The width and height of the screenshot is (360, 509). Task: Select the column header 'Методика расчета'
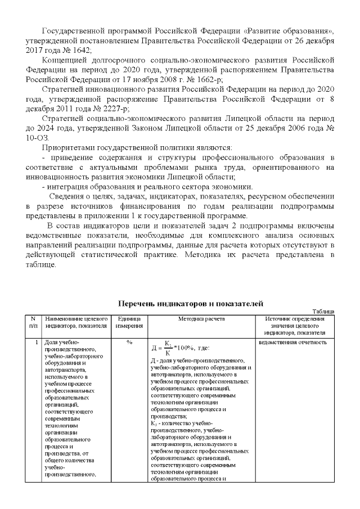(x=201, y=319)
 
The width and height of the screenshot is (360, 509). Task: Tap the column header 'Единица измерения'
(x=129, y=322)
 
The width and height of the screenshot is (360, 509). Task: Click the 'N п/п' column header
(x=33, y=322)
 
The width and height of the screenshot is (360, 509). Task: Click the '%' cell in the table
(x=129, y=342)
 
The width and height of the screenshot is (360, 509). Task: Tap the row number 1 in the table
(x=35, y=342)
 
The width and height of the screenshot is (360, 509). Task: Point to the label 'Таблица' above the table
(x=323, y=311)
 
